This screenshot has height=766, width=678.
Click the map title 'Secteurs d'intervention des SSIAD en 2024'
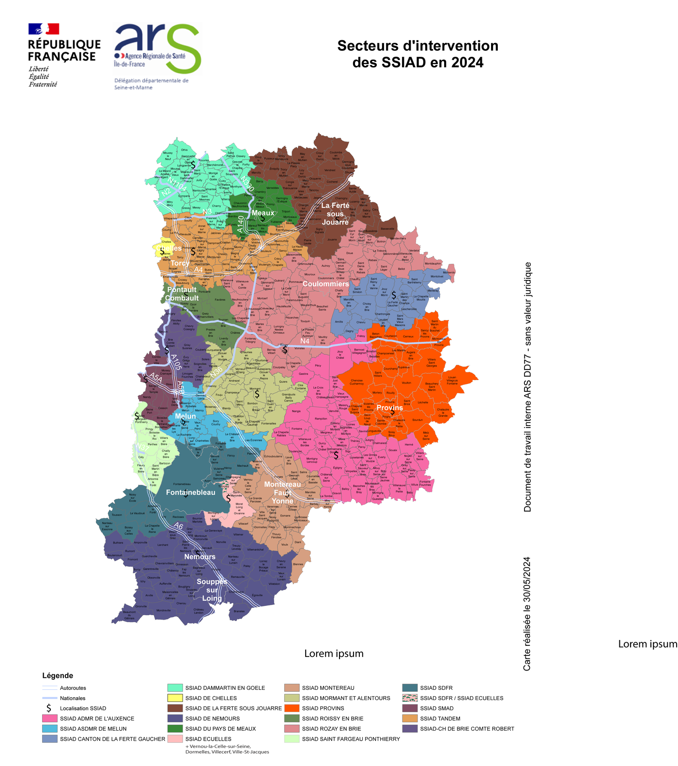tap(417, 54)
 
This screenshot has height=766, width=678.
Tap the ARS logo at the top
tap(157, 48)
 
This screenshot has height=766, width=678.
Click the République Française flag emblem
tap(44, 29)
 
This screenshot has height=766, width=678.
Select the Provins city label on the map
tap(390, 408)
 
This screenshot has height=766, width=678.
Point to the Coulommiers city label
tap(325, 284)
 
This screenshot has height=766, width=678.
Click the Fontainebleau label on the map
tap(190, 492)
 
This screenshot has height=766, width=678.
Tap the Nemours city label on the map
tap(200, 557)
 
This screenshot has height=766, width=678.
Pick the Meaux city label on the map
tap(263, 213)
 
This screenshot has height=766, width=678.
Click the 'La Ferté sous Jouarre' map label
tap(335, 213)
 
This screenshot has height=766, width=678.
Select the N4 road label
tap(305, 341)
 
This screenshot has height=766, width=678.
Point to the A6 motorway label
tap(179, 526)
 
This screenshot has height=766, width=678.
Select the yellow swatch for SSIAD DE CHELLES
tap(175, 698)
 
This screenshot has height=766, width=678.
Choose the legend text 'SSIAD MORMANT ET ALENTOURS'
tap(346, 698)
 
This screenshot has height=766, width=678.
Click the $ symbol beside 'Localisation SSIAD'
tap(49, 708)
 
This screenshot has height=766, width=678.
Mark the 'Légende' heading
tap(58, 675)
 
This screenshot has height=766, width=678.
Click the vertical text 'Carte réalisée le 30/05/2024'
tap(527, 613)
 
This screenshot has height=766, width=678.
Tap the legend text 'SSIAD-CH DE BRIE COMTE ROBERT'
tap(467, 729)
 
